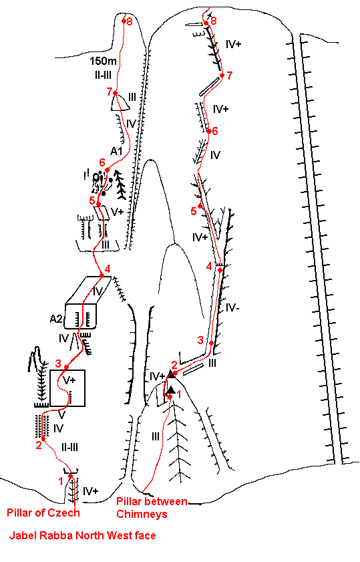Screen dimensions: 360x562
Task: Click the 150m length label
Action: [x=103, y=61]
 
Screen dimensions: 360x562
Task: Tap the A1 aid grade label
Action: [x=116, y=151]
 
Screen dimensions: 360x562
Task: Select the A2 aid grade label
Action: [x=56, y=318]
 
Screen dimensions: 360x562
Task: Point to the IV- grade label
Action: [x=233, y=307]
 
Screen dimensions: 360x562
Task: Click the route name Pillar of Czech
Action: [x=43, y=513]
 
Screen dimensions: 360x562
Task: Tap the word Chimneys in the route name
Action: [x=142, y=514]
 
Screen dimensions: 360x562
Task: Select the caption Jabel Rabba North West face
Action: [x=82, y=535]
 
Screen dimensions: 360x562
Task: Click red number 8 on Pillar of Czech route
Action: [x=130, y=21]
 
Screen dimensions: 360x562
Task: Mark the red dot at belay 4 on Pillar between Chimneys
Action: [x=220, y=270]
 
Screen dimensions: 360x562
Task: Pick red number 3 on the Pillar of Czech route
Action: [x=58, y=364]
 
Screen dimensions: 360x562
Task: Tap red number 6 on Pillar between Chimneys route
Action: [x=215, y=131]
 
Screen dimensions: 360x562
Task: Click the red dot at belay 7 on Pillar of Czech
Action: [x=116, y=93]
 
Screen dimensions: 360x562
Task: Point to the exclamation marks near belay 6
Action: [x=85, y=174]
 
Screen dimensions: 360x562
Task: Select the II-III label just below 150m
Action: [x=102, y=75]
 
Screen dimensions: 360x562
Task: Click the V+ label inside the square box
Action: [x=69, y=380]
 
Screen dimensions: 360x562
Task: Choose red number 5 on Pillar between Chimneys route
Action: [x=194, y=211]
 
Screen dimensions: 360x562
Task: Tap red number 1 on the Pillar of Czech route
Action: [x=61, y=480]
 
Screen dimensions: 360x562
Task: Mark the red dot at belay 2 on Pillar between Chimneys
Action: [x=175, y=374]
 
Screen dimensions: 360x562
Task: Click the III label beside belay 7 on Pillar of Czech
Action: [x=132, y=97]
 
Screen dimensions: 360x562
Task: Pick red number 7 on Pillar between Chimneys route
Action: [x=230, y=76]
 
